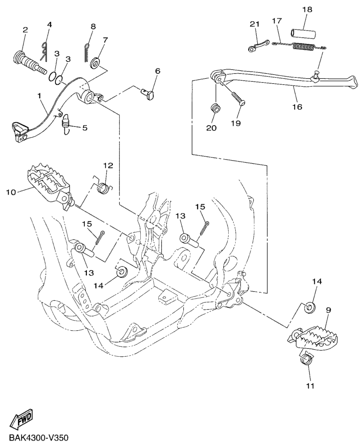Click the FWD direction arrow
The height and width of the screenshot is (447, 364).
click(21, 419)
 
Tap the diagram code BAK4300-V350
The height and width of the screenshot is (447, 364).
click(35, 438)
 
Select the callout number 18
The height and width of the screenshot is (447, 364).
click(307, 9)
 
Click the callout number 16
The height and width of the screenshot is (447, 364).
click(297, 107)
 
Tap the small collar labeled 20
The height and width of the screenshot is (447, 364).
click(215, 109)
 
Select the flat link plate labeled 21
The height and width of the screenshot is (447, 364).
click(259, 45)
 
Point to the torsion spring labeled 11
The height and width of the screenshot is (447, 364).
click(305, 359)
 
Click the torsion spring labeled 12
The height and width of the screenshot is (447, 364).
click(103, 186)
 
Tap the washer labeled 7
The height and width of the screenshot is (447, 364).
click(95, 63)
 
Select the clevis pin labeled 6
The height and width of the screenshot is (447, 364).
click(148, 93)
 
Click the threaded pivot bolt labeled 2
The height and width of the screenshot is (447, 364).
click(30, 61)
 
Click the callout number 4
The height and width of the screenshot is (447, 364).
click(49, 24)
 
